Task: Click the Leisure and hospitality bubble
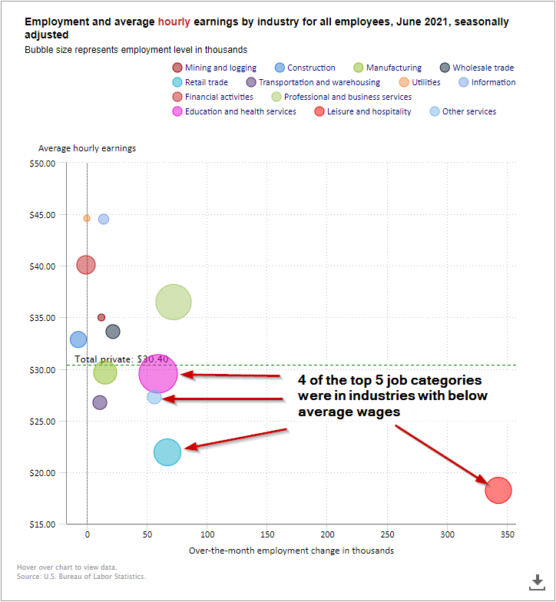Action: point(498,490)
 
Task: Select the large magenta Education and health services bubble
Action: point(158,374)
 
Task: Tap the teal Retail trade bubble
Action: point(167,452)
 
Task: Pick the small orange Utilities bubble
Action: point(87,218)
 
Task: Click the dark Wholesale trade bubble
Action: point(113,332)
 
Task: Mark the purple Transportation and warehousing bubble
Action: point(100,402)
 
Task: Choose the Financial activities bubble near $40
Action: point(86,265)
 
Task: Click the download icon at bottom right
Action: point(537,581)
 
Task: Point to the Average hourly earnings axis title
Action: point(87,148)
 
